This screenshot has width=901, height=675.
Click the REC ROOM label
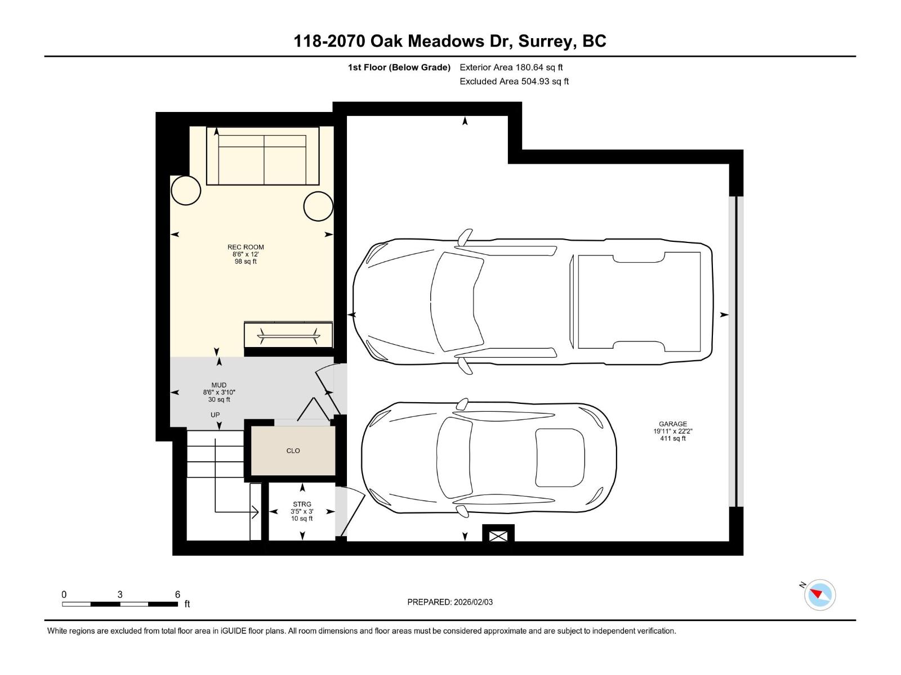click(x=246, y=247)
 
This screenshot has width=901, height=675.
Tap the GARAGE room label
click(x=673, y=424)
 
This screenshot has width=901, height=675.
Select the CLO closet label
click(x=293, y=451)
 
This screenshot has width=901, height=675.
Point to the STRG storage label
click(x=302, y=505)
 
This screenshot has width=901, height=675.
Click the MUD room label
click(x=219, y=385)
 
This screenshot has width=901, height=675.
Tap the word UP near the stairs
click(x=215, y=415)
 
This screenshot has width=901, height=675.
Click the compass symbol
click(x=820, y=595)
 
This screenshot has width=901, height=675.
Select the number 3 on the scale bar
click(x=120, y=595)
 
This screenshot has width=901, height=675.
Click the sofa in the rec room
click(x=263, y=156)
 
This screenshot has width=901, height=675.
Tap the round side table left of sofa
click(x=186, y=191)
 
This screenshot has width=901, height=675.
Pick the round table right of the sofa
click(x=318, y=206)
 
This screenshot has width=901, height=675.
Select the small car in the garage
click(x=488, y=457)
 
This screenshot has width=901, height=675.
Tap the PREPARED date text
click(x=450, y=602)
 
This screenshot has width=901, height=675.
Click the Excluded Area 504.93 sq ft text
click(x=514, y=81)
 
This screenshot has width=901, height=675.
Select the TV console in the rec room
click(x=288, y=336)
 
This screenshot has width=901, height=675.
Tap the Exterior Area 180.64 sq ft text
click(x=511, y=67)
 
